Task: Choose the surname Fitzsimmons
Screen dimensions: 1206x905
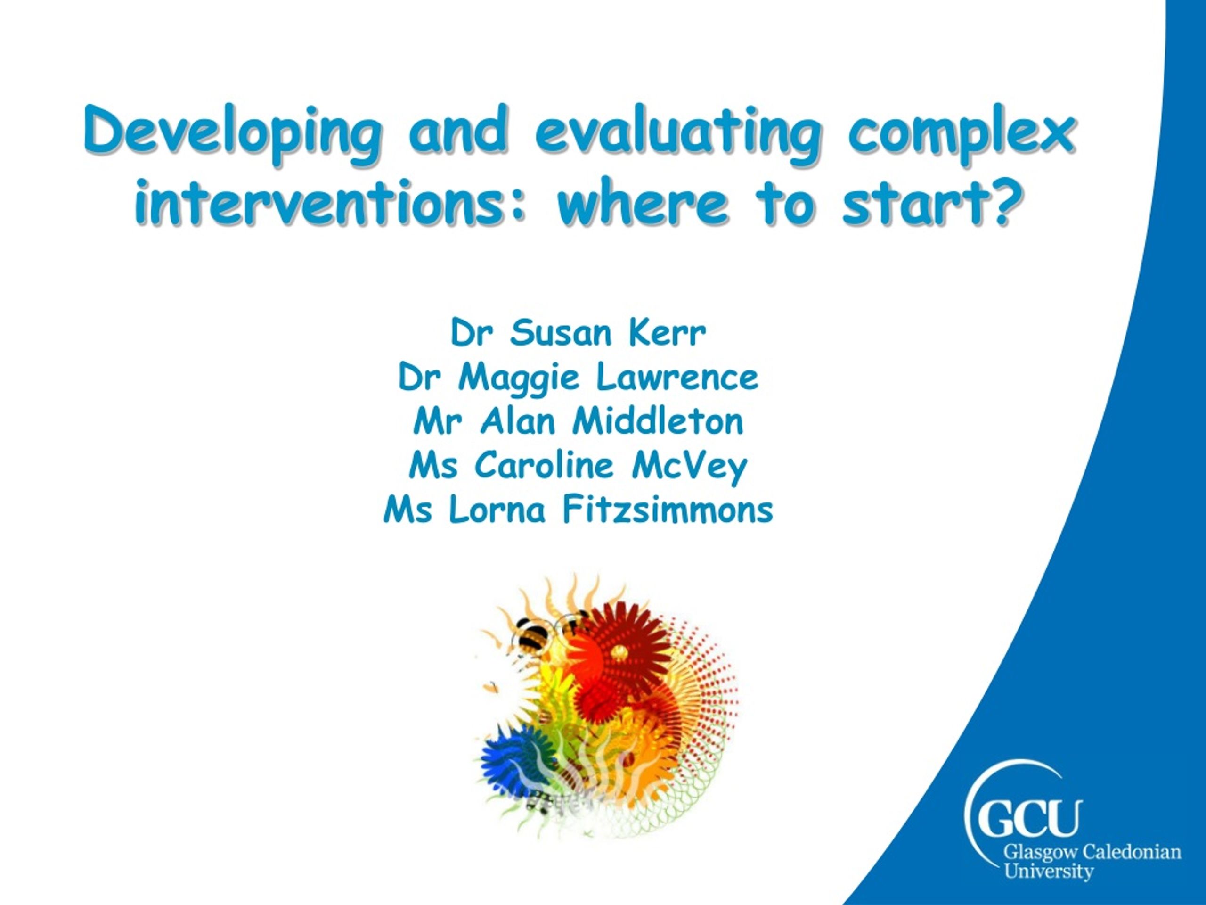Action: click(668, 510)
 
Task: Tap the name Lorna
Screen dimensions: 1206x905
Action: click(497, 510)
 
